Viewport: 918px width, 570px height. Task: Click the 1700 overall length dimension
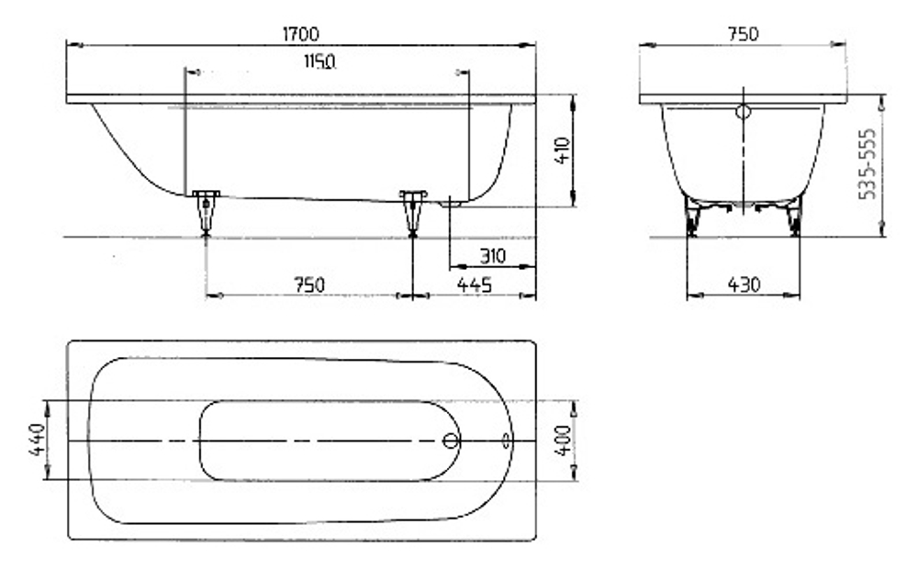[300, 34]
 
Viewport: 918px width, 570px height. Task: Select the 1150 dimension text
[320, 62]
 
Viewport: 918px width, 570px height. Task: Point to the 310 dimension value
[491, 255]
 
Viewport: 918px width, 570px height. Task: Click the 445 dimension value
[475, 285]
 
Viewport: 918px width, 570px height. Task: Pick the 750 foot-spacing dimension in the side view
[309, 285]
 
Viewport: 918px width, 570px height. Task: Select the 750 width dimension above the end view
[743, 34]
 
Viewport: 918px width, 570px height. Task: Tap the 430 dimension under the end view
[744, 285]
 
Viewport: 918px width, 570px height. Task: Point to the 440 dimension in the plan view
[38, 441]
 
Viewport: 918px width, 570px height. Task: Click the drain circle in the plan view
[450, 441]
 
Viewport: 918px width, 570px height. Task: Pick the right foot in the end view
[794, 218]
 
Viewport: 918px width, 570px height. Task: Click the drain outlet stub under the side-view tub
[448, 203]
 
